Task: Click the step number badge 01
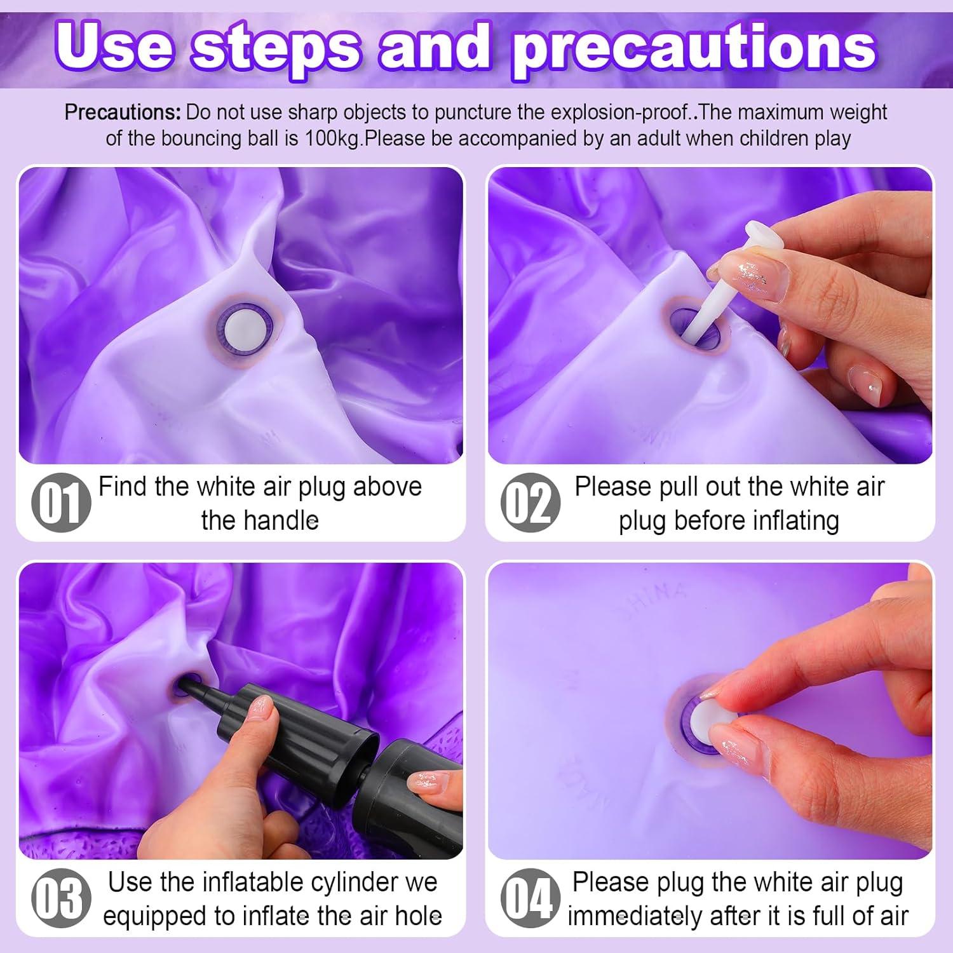pos(61,503)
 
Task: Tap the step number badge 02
pos(531,503)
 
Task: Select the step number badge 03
pos(61,898)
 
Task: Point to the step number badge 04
pos(531,898)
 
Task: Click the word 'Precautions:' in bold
pos(123,112)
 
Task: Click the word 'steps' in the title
pos(277,48)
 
